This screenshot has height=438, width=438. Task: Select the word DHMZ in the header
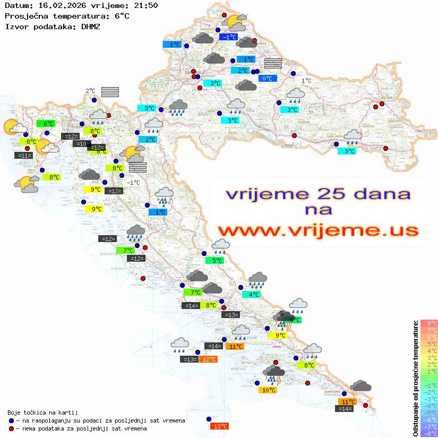pyautogui.click(x=91, y=26)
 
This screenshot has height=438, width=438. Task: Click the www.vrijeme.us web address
pyautogui.click(x=317, y=230)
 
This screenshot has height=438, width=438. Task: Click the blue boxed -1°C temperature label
pyautogui.click(x=229, y=37)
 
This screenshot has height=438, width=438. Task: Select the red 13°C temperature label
pyautogui.click(x=219, y=426)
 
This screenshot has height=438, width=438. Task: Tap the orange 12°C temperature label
pyautogui.click(x=208, y=359)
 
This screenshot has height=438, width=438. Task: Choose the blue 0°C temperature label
pyautogui.click(x=268, y=79)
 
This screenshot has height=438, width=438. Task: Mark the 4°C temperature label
pyautogui.click(x=251, y=294)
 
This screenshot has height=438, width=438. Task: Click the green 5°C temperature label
pyautogui.click(x=214, y=261)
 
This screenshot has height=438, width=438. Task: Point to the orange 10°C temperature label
pyautogui.click(x=269, y=390)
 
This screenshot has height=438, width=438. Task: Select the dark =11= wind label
pyautogui.click(x=24, y=156)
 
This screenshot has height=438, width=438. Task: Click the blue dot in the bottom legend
pyautogui.click(x=12, y=420)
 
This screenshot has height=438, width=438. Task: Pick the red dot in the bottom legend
pyautogui.click(x=12, y=428)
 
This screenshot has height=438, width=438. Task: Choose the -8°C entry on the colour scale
pyautogui.click(x=429, y=434)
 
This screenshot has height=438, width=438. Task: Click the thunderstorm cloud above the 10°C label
pyautogui.click(x=273, y=374)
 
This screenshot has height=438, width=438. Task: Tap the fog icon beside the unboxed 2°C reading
pyautogui.click(x=110, y=92)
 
